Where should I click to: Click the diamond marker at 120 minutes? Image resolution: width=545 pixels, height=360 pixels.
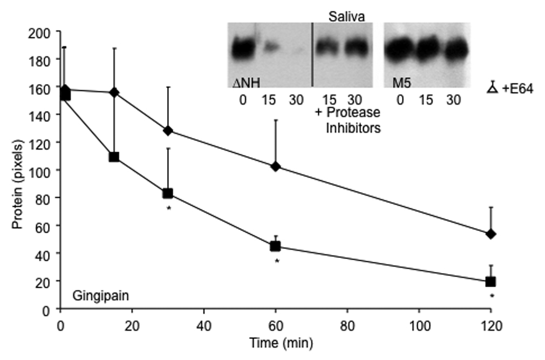491,234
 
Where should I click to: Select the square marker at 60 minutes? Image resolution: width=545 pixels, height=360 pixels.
275,246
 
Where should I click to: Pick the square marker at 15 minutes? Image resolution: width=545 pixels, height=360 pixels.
114,157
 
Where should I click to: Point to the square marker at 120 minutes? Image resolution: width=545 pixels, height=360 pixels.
491,281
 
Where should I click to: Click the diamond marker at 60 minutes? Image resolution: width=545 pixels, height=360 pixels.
275,166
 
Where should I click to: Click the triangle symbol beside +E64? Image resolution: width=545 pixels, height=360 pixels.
492,89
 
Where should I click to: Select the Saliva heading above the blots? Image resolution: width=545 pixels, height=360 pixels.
347,17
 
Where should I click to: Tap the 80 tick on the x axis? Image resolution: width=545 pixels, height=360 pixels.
347,325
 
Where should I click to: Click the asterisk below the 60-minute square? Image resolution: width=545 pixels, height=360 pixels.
277,262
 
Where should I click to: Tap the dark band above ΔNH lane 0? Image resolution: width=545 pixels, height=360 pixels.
242,50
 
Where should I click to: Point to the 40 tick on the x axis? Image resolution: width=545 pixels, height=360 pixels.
203,325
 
